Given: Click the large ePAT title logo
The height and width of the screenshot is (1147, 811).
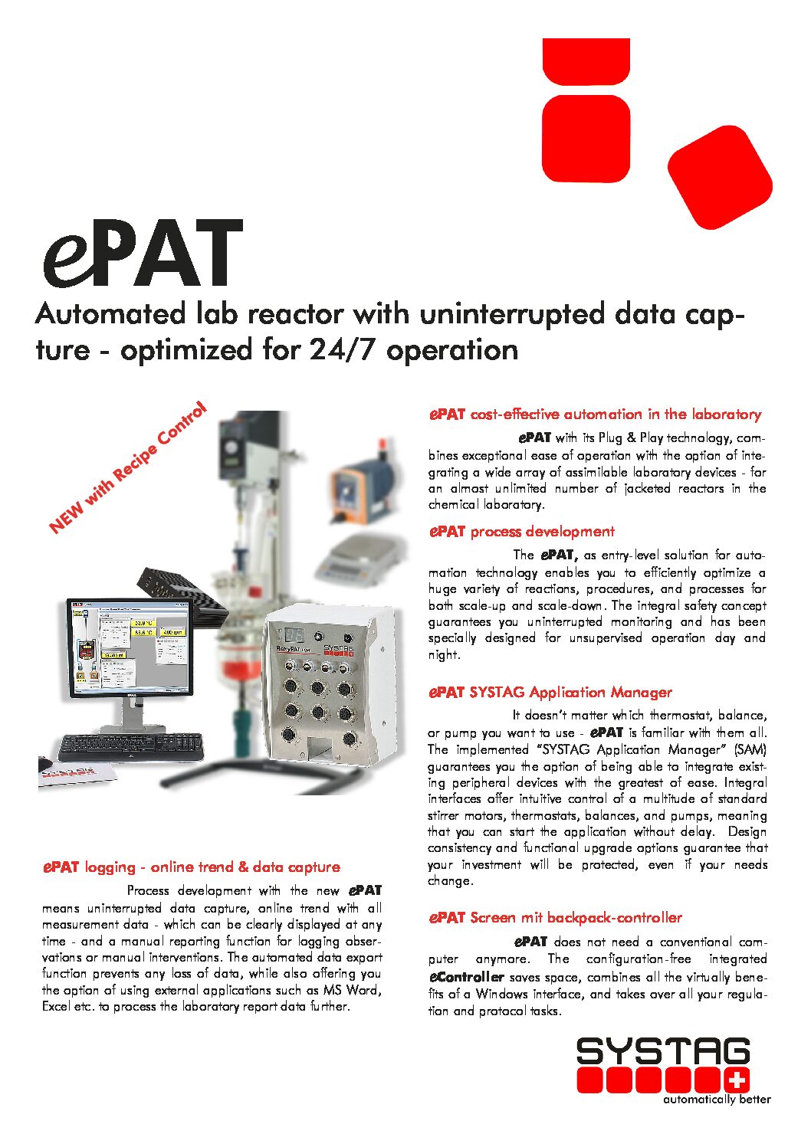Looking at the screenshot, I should pyautogui.click(x=143, y=253).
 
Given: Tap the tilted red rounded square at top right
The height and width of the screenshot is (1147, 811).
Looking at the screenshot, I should pyautogui.click(x=719, y=177).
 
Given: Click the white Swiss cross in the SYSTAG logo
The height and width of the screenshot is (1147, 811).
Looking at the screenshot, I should pyautogui.click(x=737, y=1081).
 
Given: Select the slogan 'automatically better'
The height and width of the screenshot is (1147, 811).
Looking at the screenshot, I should pyautogui.click(x=717, y=1099).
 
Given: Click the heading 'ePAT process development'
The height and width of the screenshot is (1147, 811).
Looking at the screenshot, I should pyautogui.click(x=521, y=532).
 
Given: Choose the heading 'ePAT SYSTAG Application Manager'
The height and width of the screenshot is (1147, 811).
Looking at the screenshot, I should pyautogui.click(x=550, y=692).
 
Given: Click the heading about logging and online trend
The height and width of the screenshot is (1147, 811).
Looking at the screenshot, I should pyautogui.click(x=191, y=867).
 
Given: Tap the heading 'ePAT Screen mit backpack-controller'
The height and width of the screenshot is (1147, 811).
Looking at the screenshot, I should pyautogui.click(x=555, y=917).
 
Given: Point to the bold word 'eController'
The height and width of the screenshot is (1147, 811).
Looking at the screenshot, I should pyautogui.click(x=466, y=977).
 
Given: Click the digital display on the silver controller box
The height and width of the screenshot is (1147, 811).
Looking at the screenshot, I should pyautogui.click(x=294, y=636).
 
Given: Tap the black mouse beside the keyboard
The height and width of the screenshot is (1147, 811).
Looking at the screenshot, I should pyautogui.click(x=45, y=763).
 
